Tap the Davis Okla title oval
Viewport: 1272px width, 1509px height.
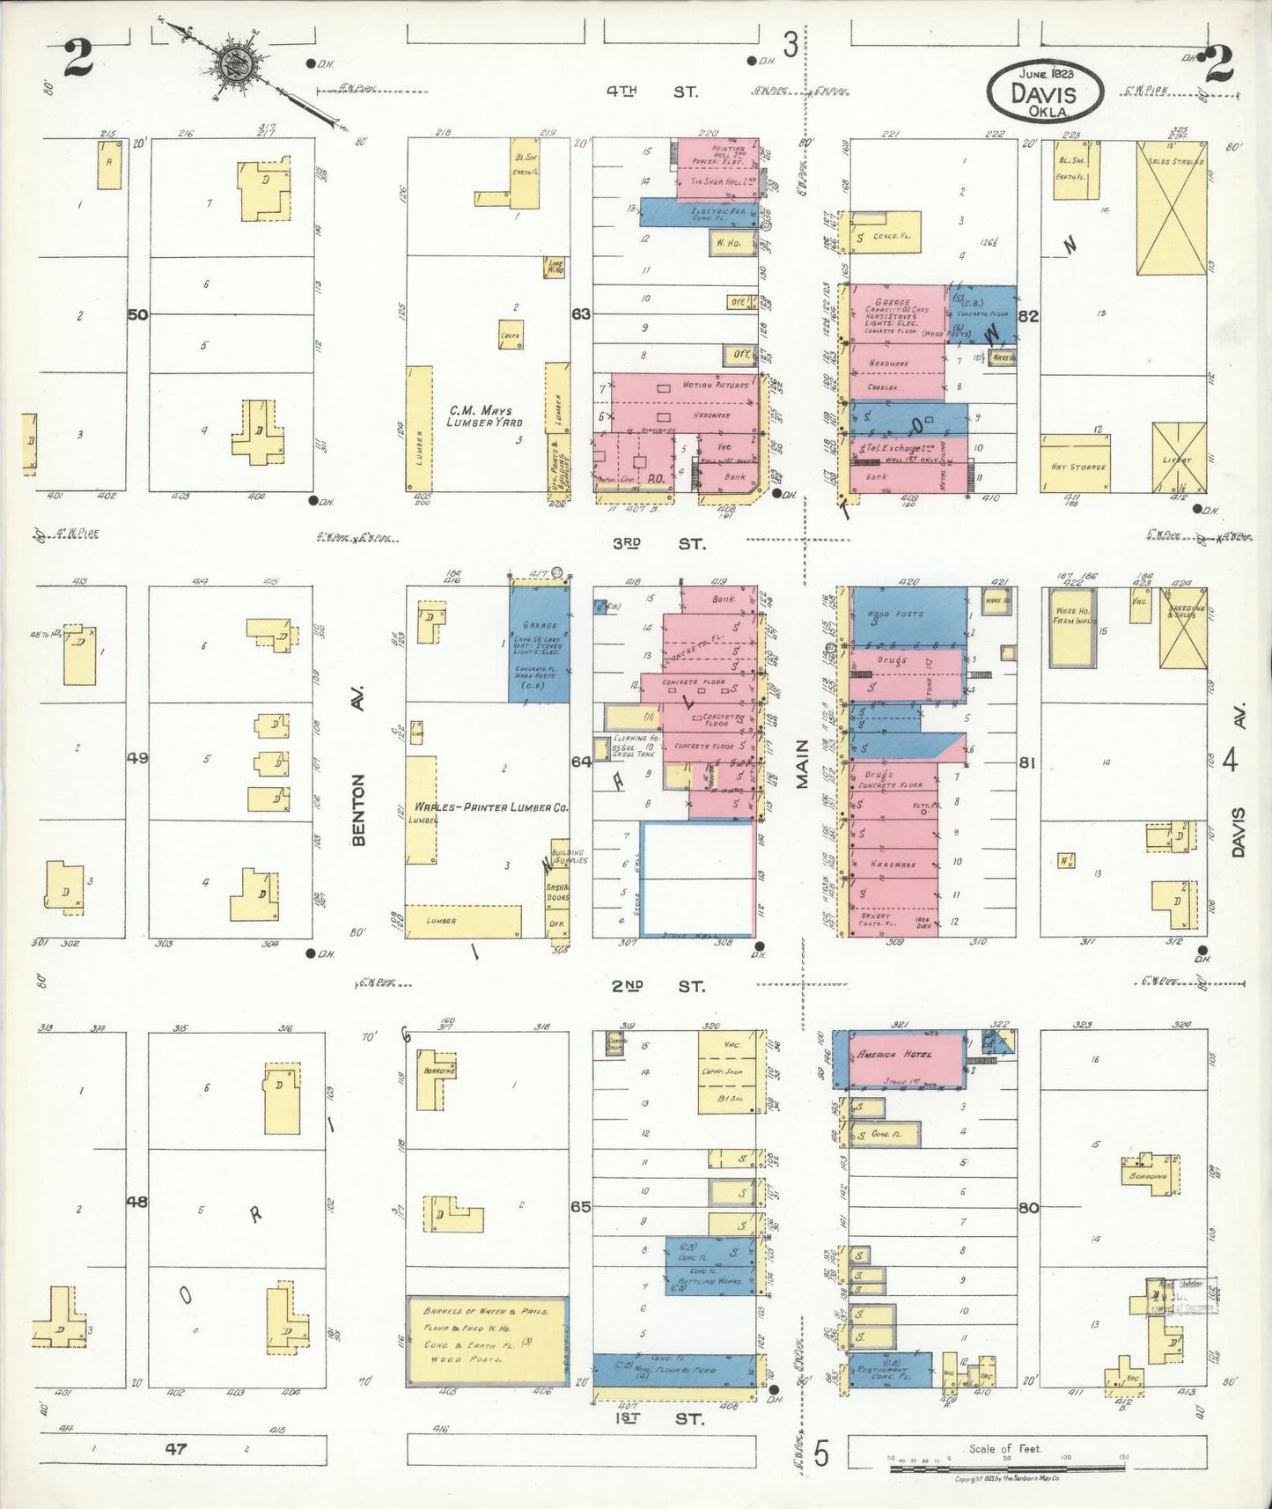point(1044,92)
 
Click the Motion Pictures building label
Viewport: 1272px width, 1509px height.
point(715,386)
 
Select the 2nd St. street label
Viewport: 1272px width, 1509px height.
point(658,986)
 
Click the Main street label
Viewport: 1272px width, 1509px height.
point(803,763)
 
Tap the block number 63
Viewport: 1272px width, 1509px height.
point(580,313)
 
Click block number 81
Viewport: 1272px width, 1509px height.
point(1027,762)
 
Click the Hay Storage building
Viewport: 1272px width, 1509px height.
point(1075,463)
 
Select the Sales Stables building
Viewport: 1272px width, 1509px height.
point(1171,208)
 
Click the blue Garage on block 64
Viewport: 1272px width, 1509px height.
point(539,643)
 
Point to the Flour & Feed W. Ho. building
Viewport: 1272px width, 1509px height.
point(486,1339)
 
